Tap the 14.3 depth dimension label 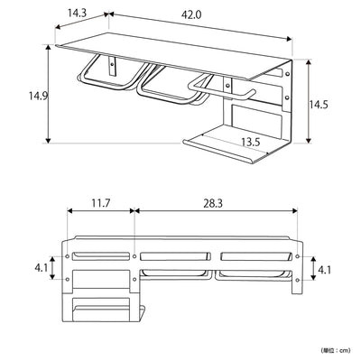(x=76, y=14)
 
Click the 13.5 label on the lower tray (x=251, y=141)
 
